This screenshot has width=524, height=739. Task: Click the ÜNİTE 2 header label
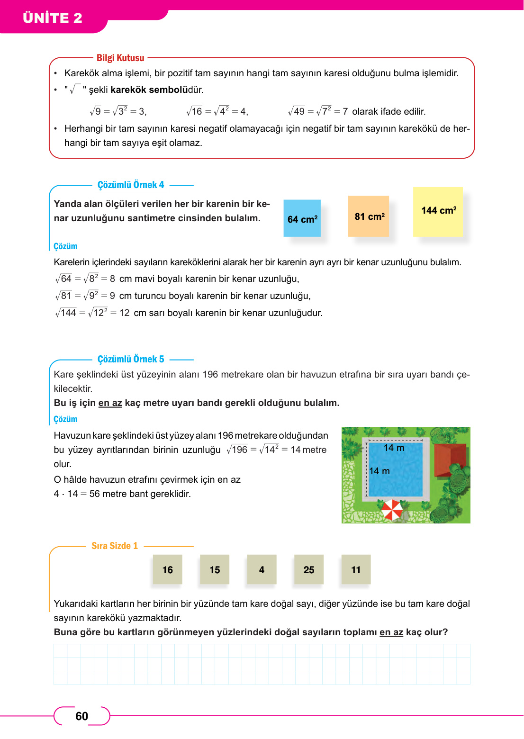coord(53,18)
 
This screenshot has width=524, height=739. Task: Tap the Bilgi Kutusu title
coord(120,58)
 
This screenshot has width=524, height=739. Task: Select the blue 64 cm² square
coord(302,218)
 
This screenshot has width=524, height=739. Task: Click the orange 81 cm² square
coord(369,216)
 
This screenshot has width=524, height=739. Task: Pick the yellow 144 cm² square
coord(438,211)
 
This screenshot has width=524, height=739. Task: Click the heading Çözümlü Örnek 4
coord(131,185)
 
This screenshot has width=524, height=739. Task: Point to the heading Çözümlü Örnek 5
coord(131,359)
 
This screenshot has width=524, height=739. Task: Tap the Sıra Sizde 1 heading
coord(115,546)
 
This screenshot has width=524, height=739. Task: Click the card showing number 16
coord(168,569)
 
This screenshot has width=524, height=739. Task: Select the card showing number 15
coord(215,569)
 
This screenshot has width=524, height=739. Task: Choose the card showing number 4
coord(262,569)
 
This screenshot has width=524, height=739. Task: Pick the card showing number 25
coord(309,569)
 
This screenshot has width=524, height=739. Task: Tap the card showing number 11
coord(356,569)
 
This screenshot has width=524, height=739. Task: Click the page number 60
coord(82,716)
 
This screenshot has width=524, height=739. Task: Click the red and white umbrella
coord(392,510)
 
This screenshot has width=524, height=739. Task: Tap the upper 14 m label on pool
coord(394,448)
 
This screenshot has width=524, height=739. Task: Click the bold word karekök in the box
coord(128,90)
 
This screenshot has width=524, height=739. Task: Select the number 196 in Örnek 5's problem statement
coord(210,374)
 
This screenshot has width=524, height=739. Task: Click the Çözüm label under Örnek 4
coord(65,246)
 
